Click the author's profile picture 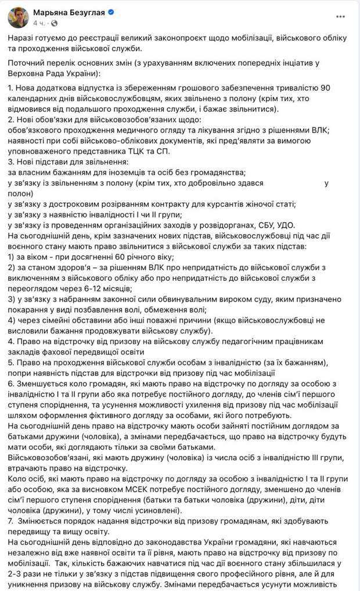(18, 17)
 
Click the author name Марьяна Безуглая (68, 12)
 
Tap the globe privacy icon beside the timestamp (55, 23)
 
